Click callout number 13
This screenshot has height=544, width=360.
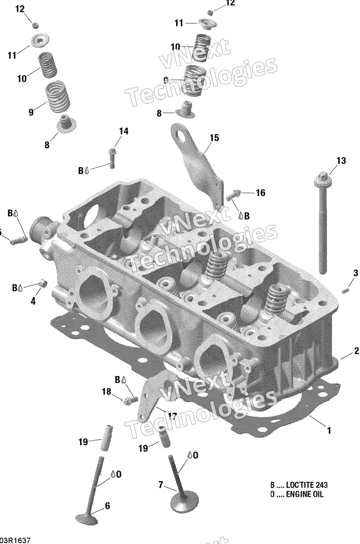[x=341, y=161]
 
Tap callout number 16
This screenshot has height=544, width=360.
[x=261, y=192]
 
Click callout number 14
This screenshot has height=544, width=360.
[x=123, y=132]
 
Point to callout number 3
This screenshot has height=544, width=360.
[x=355, y=273]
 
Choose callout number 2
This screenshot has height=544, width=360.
[x=356, y=352]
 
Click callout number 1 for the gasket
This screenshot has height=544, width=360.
[x=329, y=430]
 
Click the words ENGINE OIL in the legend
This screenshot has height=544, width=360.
[x=305, y=495]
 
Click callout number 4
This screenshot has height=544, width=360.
[x=33, y=301]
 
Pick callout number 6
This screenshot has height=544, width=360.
[x=107, y=506]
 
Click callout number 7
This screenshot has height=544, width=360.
[x=160, y=485]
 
